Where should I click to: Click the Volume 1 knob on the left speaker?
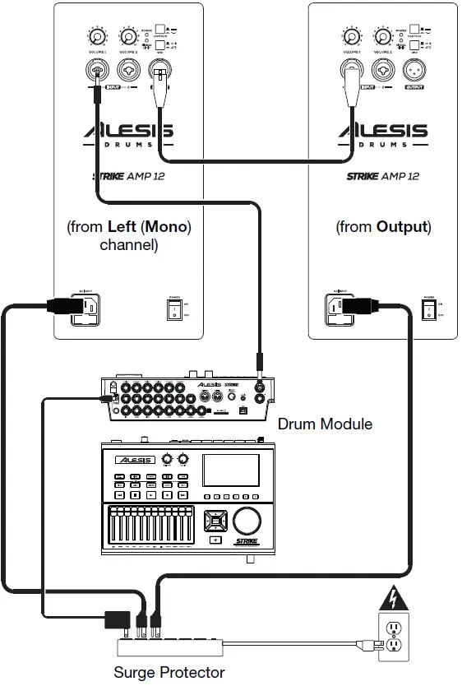[x=98, y=37]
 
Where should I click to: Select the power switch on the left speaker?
[x=173, y=309]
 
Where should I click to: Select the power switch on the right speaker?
[x=427, y=309]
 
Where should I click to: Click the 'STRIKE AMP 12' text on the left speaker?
[x=127, y=176]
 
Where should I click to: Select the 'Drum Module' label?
[x=325, y=424]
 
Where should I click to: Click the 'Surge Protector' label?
[x=169, y=673]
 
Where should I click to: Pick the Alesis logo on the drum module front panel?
[x=135, y=461]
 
